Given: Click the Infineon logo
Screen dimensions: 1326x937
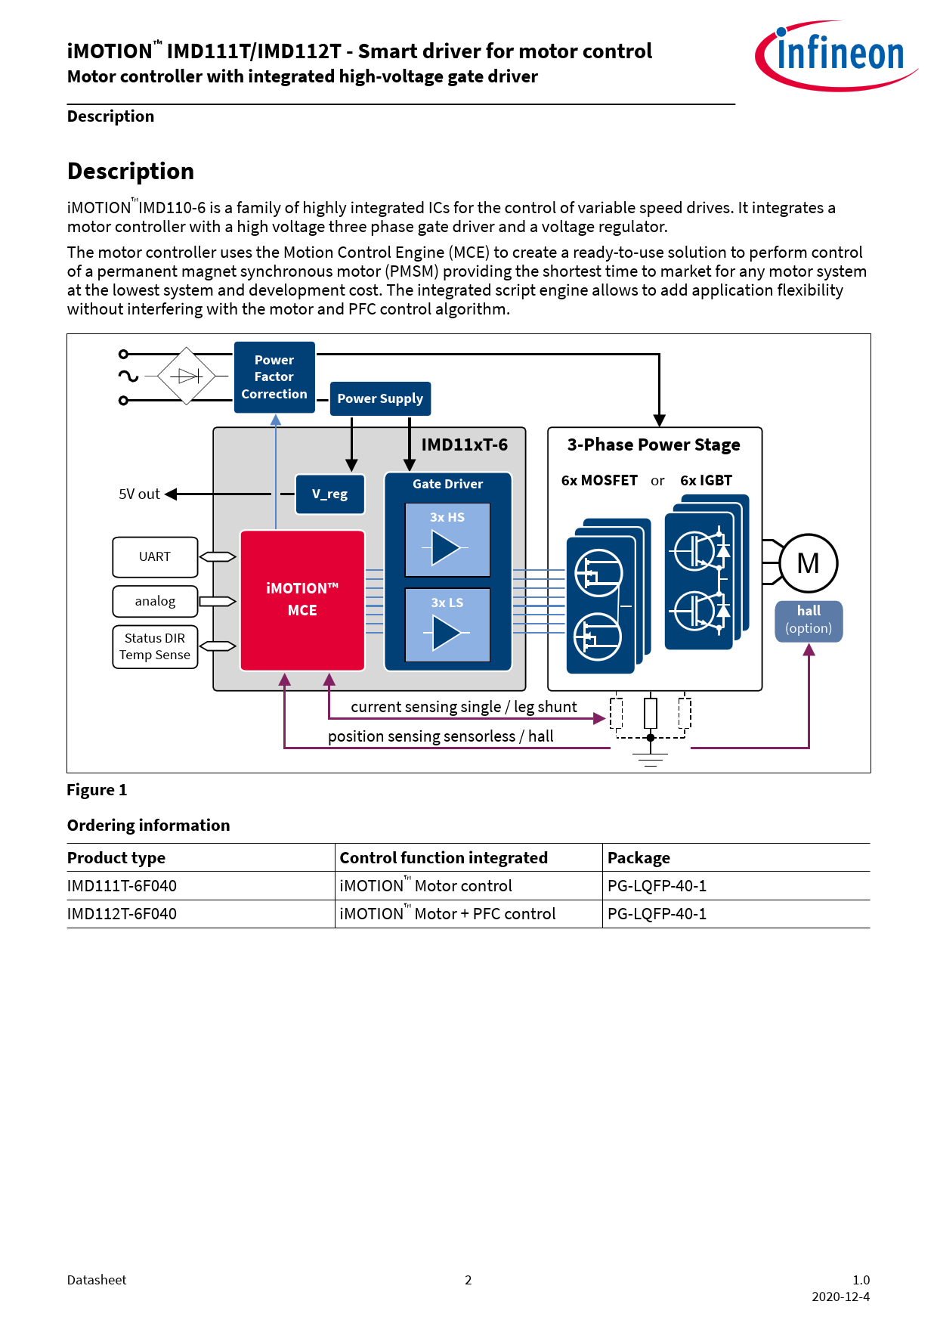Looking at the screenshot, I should [836, 55].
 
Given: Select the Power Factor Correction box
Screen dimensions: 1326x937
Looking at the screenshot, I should [274, 377].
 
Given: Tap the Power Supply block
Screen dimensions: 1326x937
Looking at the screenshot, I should [380, 398].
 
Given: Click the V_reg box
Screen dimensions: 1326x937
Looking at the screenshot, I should [330, 494].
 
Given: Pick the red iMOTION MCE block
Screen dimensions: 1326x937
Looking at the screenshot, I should [302, 599].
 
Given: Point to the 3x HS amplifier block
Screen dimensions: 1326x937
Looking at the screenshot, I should [447, 540].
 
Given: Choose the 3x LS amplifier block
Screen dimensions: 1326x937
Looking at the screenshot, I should [447, 624].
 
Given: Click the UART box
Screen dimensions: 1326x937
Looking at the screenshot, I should [155, 557].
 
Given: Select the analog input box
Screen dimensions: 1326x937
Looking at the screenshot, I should [155, 601].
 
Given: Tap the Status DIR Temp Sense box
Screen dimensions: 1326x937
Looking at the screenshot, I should [155, 647].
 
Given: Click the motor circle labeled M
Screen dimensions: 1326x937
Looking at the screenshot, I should [808, 563].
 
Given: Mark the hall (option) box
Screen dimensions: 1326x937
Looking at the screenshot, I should [809, 621].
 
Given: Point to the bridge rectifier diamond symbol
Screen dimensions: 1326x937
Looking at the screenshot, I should [186, 376].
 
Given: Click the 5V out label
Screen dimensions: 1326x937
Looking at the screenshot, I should [139, 494].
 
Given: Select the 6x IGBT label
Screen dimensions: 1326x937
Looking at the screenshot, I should [706, 481].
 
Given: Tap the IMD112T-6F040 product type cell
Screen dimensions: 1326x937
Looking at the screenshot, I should [122, 914].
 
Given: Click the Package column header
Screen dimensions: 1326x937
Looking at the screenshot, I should [639, 858].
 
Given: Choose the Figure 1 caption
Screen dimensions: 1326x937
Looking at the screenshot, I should [97, 790].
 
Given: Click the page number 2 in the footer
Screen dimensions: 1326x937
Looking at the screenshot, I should [468, 1280].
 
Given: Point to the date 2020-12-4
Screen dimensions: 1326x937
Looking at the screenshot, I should [840, 1297].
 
